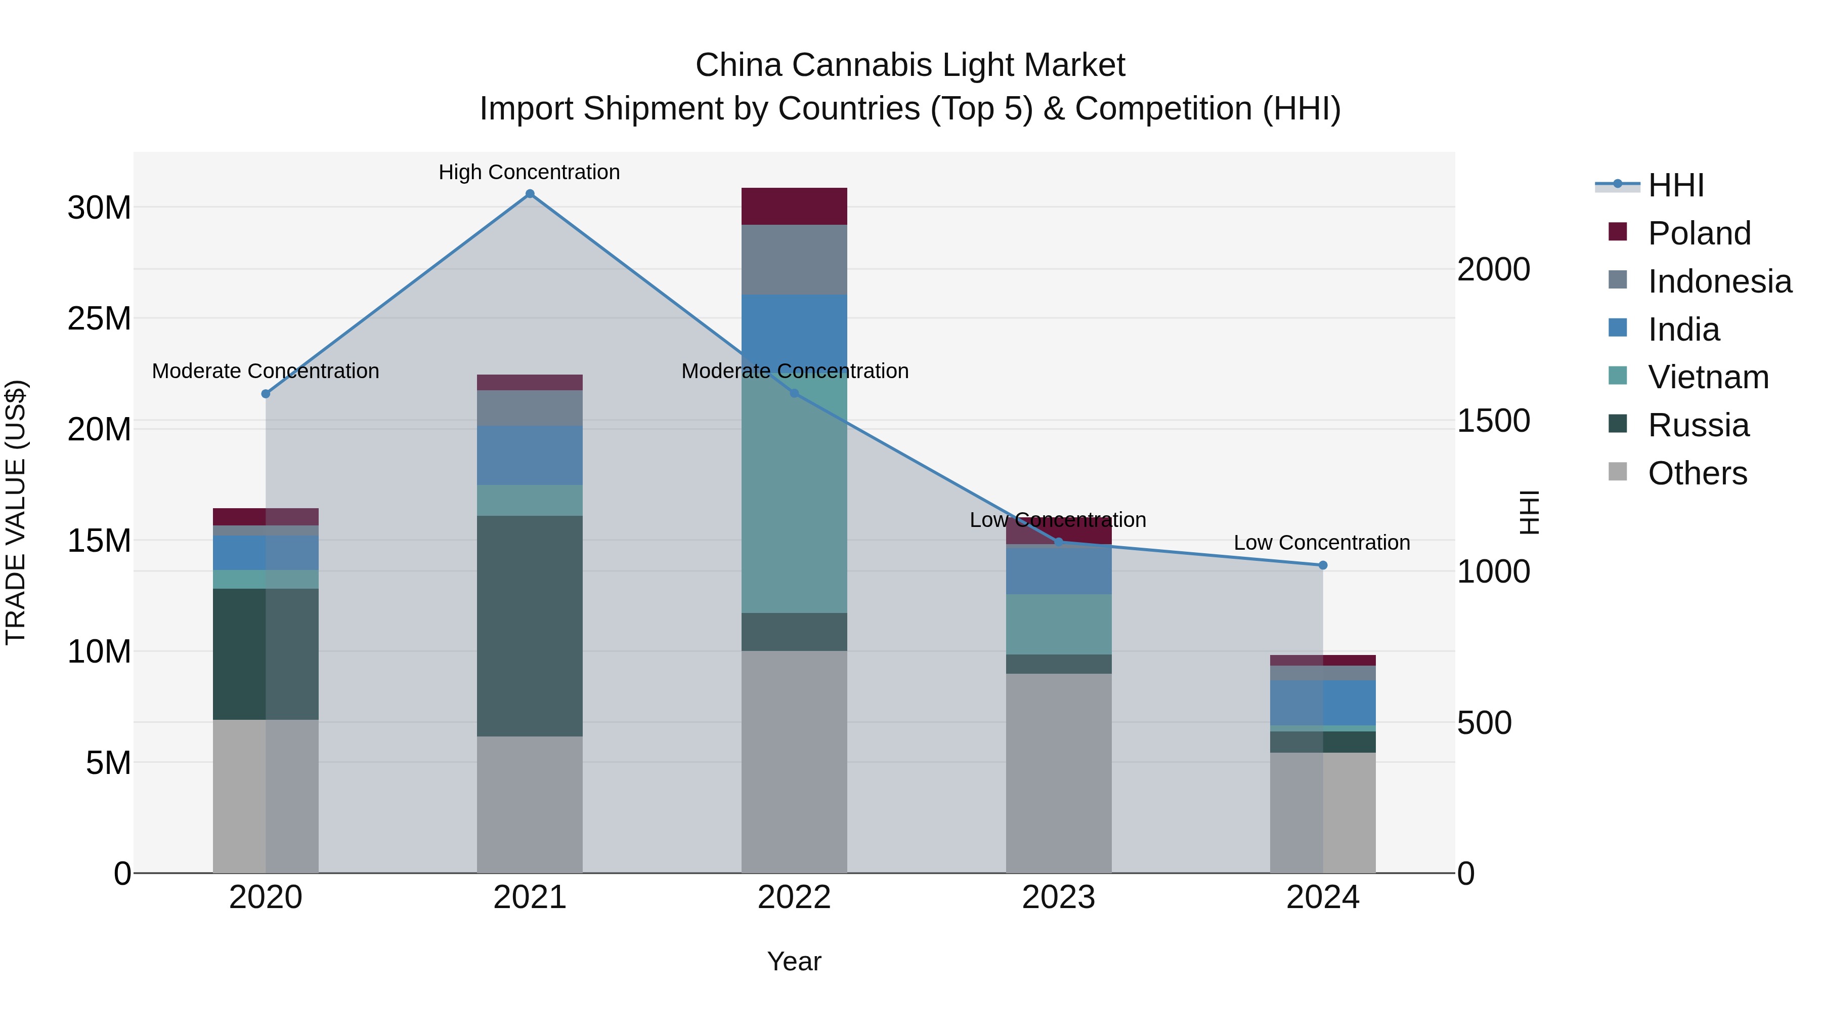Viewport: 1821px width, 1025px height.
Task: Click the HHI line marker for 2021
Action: coord(530,194)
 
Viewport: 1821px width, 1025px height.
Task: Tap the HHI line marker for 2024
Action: coord(1323,565)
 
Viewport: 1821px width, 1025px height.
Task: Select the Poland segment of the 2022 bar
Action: coord(794,206)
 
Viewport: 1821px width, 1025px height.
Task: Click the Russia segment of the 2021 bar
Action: coord(530,626)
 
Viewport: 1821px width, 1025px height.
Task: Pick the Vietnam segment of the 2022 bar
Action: coord(794,495)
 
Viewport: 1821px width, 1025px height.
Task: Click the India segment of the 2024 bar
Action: coord(1323,703)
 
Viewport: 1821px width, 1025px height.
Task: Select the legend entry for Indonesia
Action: coord(1719,281)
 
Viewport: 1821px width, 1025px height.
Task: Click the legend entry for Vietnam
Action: coord(1708,377)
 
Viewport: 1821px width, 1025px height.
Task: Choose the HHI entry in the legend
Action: coord(1675,185)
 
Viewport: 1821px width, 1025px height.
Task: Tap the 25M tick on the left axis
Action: coord(99,319)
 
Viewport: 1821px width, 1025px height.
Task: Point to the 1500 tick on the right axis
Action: coord(1493,421)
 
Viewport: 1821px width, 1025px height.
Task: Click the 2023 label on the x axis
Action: coord(1058,897)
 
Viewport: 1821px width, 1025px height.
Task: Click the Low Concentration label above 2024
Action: coord(1322,543)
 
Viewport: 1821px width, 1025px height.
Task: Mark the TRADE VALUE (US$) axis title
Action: coord(16,512)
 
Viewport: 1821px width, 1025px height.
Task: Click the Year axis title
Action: coord(794,961)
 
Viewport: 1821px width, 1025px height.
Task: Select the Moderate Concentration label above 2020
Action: coord(265,371)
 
